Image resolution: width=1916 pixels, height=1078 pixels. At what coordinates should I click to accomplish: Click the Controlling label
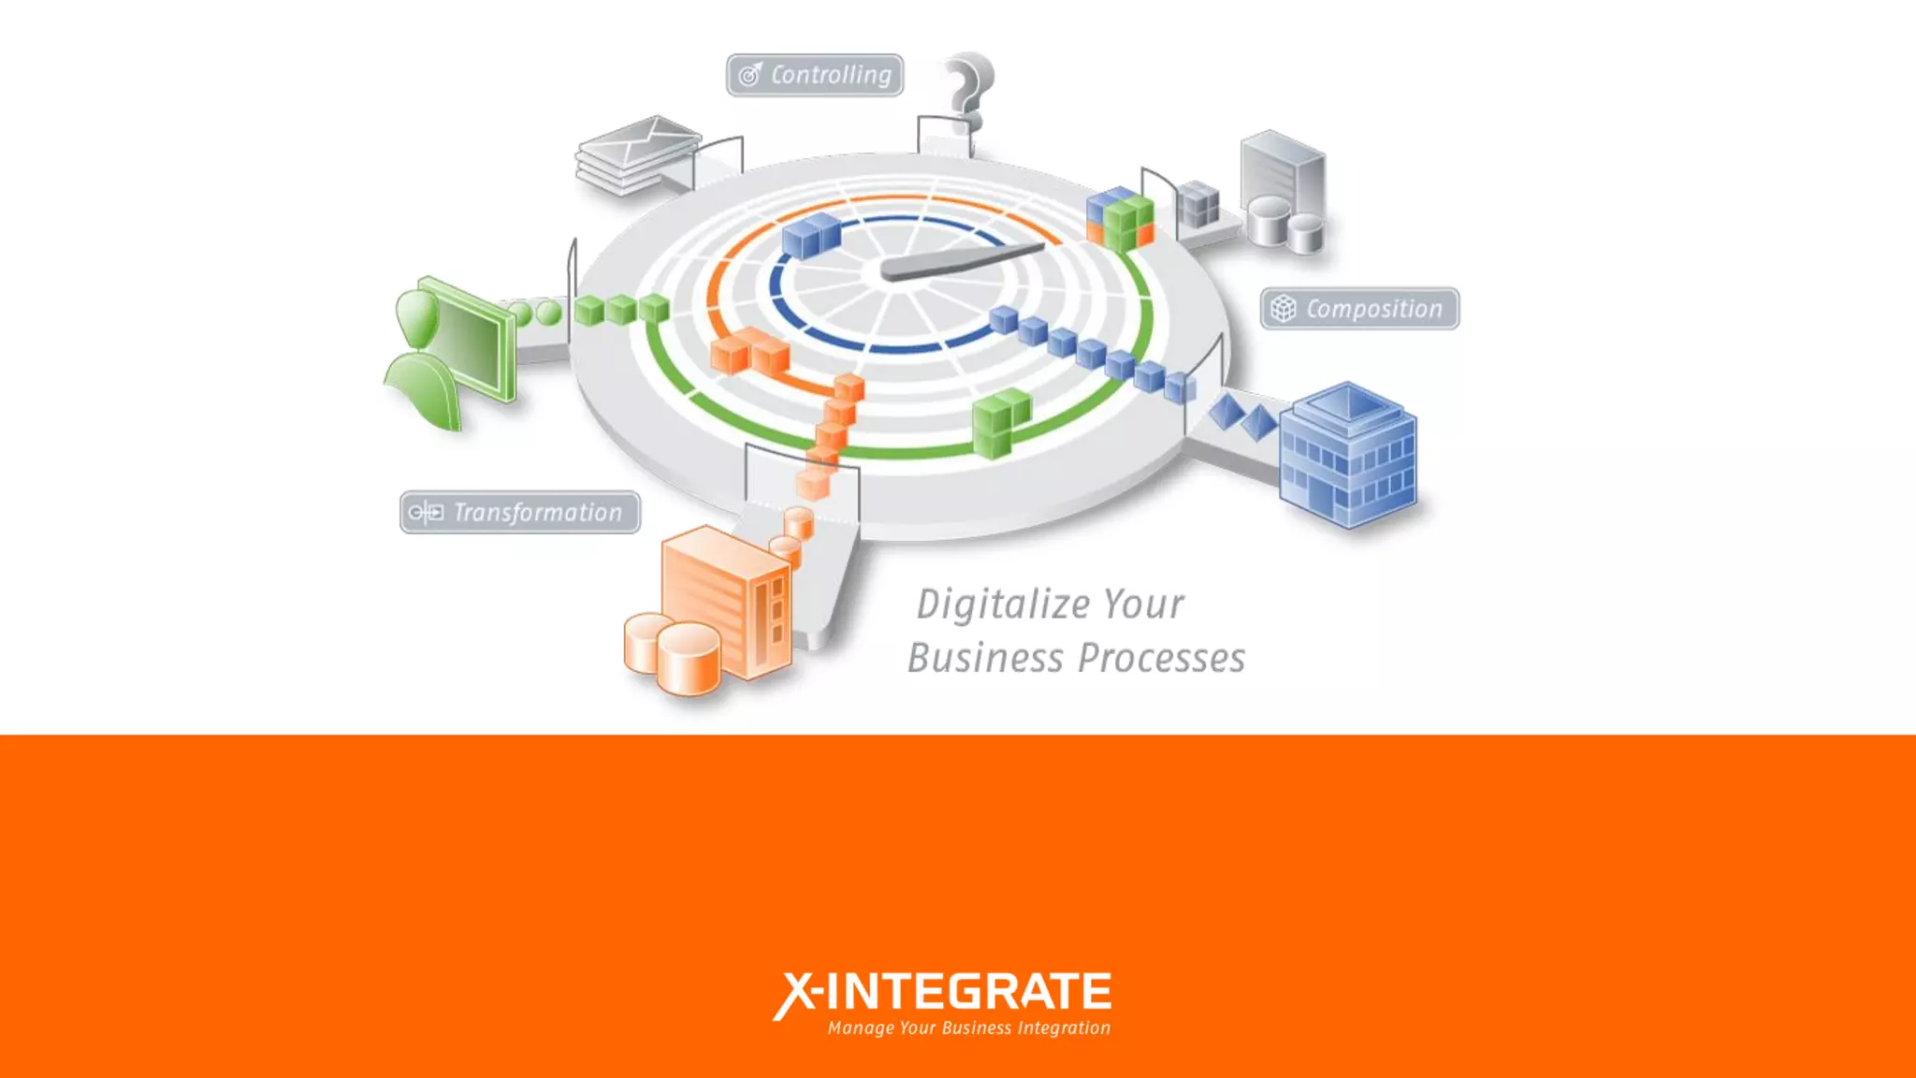pos(815,75)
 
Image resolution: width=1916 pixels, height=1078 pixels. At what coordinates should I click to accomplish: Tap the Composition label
pos(1359,309)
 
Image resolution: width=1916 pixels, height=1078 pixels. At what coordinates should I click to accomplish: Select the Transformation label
pos(520,513)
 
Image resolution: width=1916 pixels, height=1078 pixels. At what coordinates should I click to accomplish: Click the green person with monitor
pos(451,351)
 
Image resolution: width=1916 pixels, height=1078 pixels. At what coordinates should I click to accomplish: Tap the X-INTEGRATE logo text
pos(942,993)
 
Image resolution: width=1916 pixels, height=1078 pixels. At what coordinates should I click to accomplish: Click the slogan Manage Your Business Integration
pos(968,1028)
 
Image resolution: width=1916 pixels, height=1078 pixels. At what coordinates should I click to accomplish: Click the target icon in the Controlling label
pos(750,75)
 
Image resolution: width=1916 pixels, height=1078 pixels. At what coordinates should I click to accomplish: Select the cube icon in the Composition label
pos(1284,309)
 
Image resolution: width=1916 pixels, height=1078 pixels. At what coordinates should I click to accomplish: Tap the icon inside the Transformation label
pos(427,513)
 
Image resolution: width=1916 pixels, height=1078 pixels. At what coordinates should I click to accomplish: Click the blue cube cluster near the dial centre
pos(811,235)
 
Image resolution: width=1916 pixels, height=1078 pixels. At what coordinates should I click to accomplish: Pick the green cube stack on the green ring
pos(1000,423)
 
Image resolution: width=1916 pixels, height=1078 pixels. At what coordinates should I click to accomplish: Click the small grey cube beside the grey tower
pos(1198,205)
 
